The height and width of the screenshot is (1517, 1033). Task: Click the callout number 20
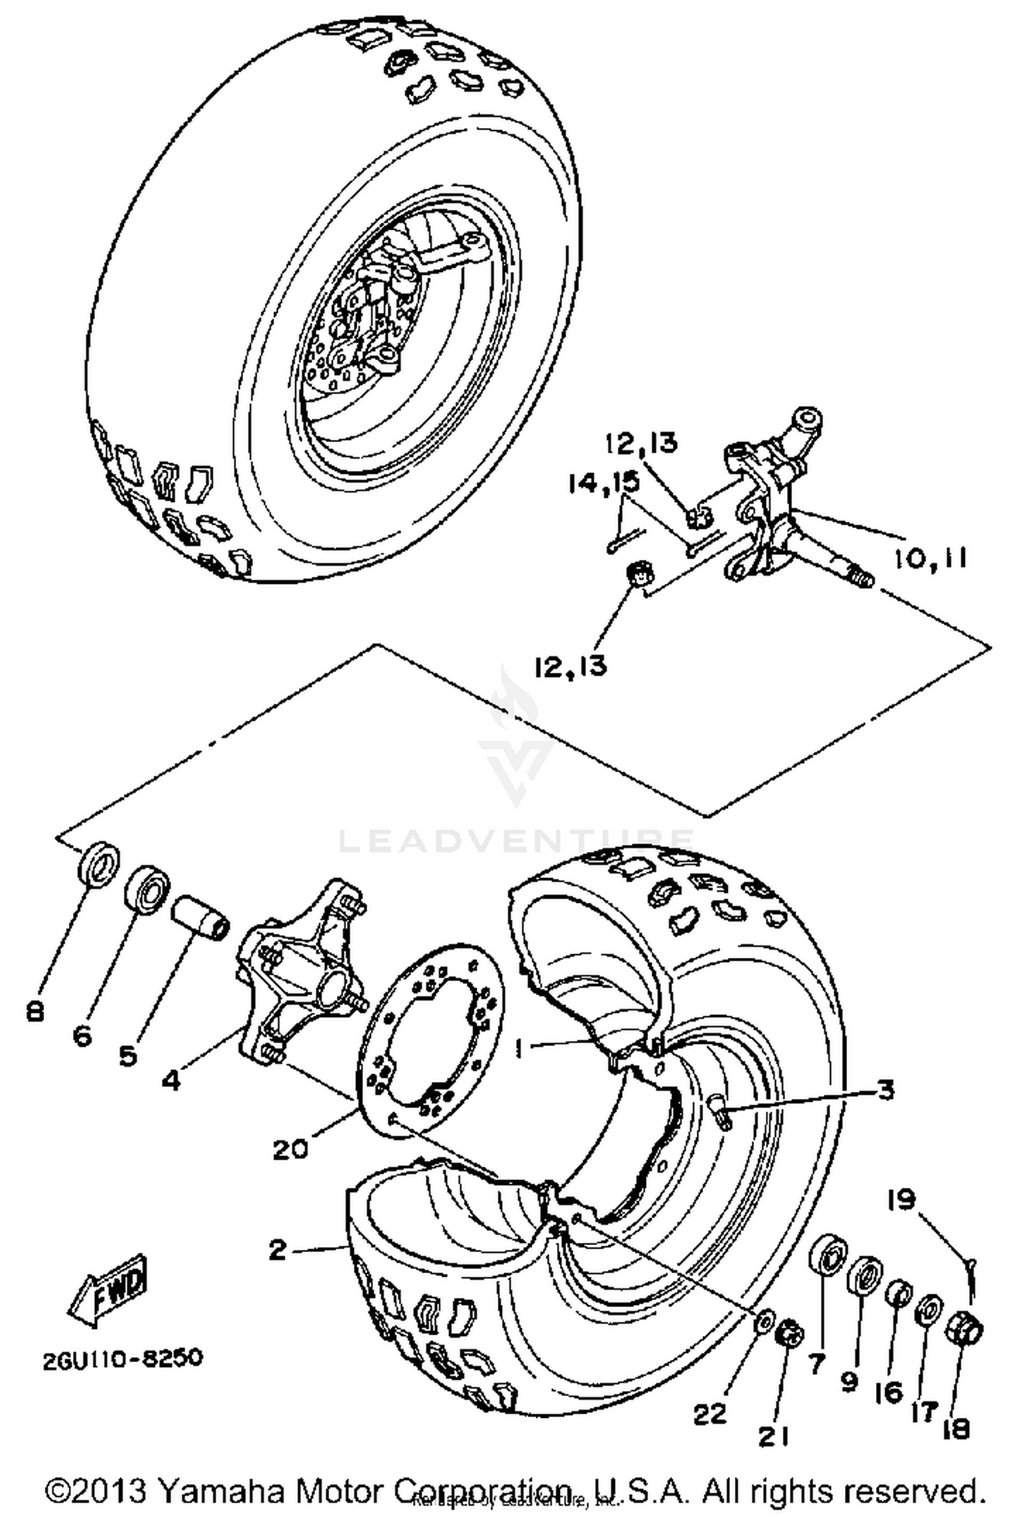tap(290, 1149)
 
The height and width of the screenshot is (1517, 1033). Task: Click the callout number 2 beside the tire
tap(277, 1249)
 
